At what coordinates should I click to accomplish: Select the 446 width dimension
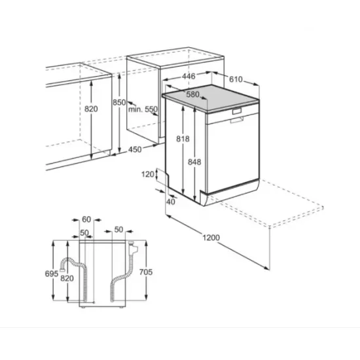189,77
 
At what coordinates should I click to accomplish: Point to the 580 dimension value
192,95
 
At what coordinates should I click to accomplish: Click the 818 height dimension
183,139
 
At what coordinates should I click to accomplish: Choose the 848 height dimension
194,162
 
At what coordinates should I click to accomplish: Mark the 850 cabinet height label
118,103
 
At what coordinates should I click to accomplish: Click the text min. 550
143,109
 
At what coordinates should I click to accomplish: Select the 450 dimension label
134,150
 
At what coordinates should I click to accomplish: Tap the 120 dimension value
147,174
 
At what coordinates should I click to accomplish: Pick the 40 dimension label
171,201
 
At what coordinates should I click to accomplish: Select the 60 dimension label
86,219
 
